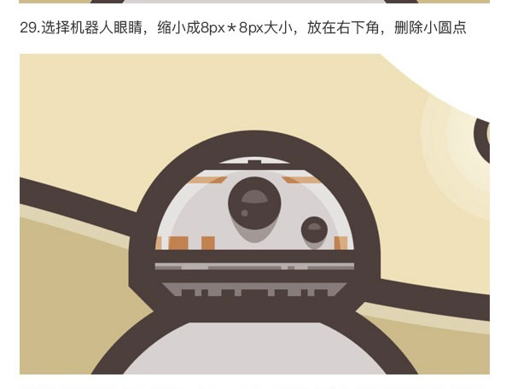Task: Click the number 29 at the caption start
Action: [x=29, y=28]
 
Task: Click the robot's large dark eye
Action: [x=254, y=203]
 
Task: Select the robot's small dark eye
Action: [x=314, y=229]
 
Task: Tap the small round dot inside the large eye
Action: [x=244, y=213]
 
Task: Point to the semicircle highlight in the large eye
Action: [x=254, y=197]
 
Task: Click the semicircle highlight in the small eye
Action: [x=314, y=227]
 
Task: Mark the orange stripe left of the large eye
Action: [x=208, y=180]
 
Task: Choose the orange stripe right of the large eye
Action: [x=301, y=180]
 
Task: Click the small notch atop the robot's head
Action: [x=254, y=161]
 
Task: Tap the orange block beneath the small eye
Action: [x=340, y=243]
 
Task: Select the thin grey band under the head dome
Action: [x=254, y=266]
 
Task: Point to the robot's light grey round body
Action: [x=254, y=348]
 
